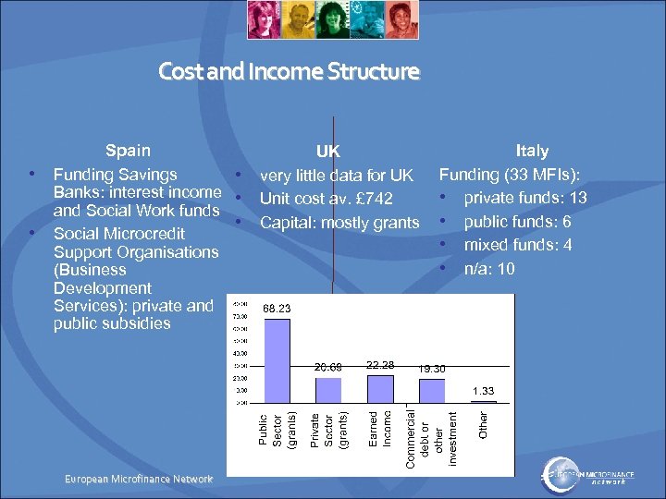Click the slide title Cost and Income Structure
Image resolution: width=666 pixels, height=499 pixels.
[x=289, y=71]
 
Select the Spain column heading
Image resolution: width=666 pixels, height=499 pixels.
[x=128, y=151]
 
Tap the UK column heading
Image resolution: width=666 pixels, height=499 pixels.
[x=327, y=152]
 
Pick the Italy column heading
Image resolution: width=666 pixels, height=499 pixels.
[x=531, y=151]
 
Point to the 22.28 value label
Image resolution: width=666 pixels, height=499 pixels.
[x=380, y=365]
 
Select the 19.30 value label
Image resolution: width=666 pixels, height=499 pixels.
[x=431, y=369]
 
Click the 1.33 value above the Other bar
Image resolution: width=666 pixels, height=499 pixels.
[x=484, y=391]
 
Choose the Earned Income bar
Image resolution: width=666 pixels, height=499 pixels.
[x=380, y=388]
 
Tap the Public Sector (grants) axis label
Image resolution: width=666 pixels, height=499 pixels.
[x=277, y=431]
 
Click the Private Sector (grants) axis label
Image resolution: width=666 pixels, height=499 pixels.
[x=327, y=431]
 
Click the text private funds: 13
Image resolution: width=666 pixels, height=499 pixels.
[x=524, y=198]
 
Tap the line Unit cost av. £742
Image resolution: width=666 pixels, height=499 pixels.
[x=326, y=199]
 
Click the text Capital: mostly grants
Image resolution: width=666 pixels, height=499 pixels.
[x=339, y=223]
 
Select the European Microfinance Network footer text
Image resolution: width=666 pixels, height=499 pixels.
[x=139, y=479]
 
